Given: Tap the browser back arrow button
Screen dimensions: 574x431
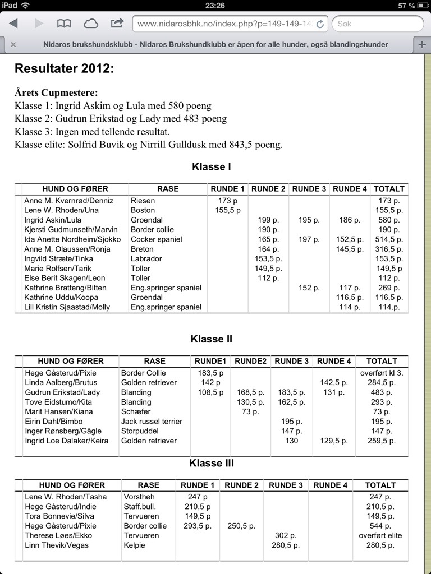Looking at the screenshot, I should (13, 24).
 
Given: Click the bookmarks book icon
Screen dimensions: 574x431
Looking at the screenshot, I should (64, 24).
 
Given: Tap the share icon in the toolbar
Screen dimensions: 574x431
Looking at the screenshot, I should (117, 24).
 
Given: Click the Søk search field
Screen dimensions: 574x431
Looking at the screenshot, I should (377, 24).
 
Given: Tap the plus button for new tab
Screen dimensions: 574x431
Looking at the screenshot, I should (421, 44).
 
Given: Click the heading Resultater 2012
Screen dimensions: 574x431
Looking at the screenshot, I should (64, 69).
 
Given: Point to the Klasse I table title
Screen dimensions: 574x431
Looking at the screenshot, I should (211, 167).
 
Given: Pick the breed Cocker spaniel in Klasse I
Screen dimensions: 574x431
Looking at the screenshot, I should (156, 239).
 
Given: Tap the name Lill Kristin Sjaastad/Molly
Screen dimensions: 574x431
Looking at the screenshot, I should (67, 307).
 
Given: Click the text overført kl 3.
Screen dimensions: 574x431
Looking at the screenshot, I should (382, 373).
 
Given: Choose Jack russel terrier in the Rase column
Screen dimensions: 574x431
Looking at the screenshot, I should (152, 422).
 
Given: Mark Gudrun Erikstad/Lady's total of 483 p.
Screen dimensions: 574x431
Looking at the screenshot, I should (382, 392).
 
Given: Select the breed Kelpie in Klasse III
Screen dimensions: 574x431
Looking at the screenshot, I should (135, 545).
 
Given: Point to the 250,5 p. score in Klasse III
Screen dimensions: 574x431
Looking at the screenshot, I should (241, 526).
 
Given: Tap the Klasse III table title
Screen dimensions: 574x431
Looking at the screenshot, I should (211, 464).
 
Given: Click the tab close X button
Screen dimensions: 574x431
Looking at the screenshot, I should (13, 44).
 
